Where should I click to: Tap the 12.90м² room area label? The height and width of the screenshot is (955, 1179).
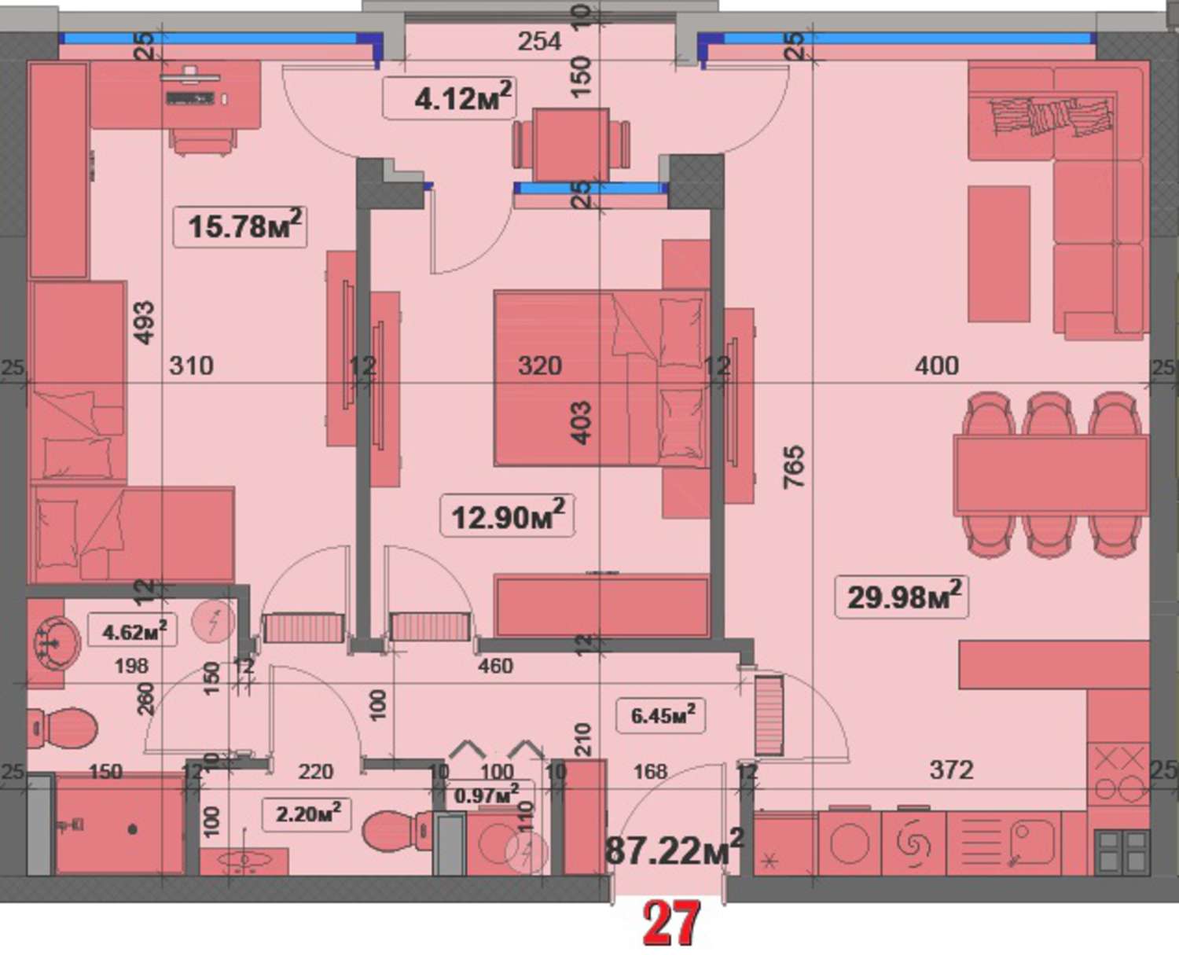pyautogui.click(x=508, y=516)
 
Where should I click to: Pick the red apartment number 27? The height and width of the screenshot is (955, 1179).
pyautogui.click(x=671, y=924)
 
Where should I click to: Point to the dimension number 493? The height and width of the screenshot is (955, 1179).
pyautogui.click(x=145, y=323)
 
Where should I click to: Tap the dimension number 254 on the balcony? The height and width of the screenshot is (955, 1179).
pyautogui.click(x=539, y=42)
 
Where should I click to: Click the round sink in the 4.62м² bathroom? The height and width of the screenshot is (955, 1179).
pyautogui.click(x=56, y=643)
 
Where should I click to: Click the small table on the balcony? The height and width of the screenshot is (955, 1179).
pyautogui.click(x=570, y=145)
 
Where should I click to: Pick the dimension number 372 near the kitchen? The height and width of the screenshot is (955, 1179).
pyautogui.click(x=951, y=770)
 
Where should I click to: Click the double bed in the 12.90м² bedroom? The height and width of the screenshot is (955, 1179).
pyautogui.click(x=601, y=379)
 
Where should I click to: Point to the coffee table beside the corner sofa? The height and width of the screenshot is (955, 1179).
pyautogui.click(x=998, y=254)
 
